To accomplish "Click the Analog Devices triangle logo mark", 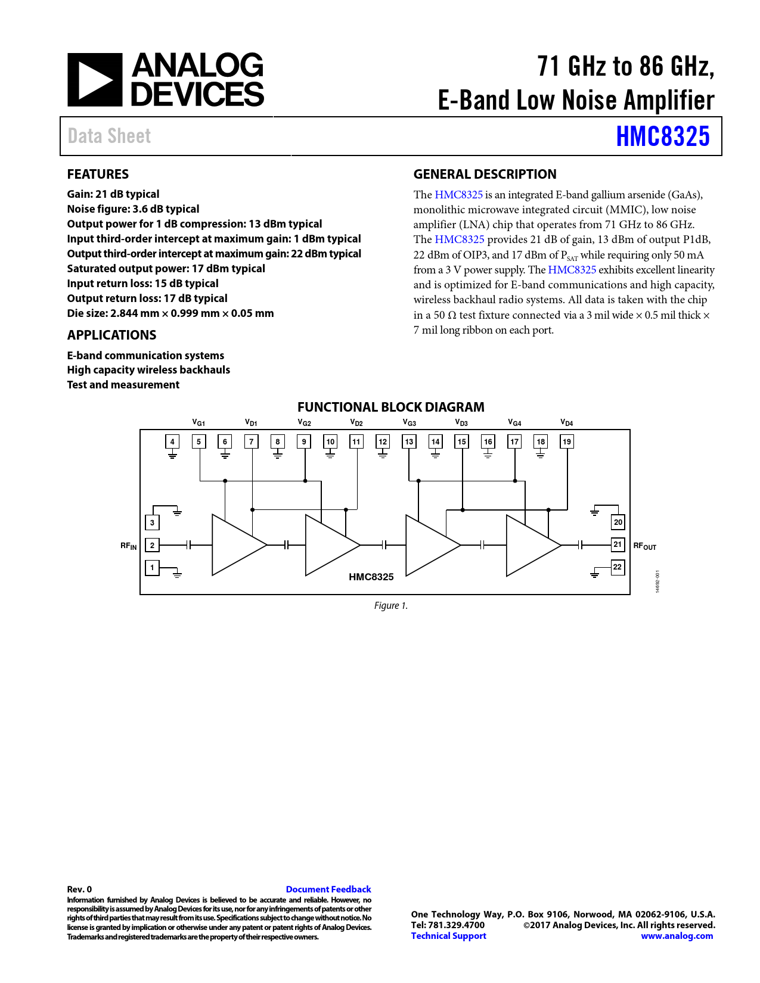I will (x=94, y=80).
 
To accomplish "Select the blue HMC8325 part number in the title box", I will (x=662, y=136).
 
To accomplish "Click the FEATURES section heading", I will (x=98, y=174).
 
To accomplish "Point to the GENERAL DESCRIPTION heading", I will (x=485, y=174).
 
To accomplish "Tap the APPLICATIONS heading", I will (x=111, y=335).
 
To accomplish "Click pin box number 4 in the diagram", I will (x=172, y=441).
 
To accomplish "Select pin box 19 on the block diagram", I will (x=567, y=441).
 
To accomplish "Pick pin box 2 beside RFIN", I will (x=152, y=545).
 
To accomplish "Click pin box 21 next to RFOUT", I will (x=618, y=545).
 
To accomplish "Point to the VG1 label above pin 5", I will (x=198, y=422).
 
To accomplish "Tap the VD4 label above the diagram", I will (x=566, y=422).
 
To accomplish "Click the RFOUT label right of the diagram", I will (x=644, y=546).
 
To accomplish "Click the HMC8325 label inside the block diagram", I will (x=371, y=577).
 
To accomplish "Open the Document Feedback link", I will (x=328, y=889).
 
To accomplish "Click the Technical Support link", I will (x=448, y=935).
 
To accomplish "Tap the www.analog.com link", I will (x=677, y=935).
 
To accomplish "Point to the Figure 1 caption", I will (x=390, y=605).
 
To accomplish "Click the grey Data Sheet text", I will (x=109, y=136).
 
